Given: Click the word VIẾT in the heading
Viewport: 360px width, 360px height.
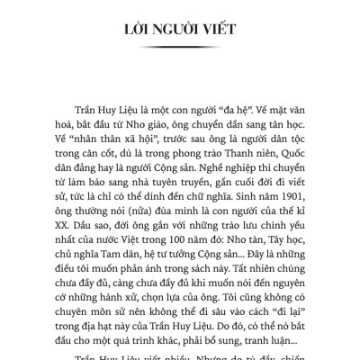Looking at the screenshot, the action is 216,31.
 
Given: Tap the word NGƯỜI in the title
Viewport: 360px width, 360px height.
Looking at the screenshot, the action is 170,31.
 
